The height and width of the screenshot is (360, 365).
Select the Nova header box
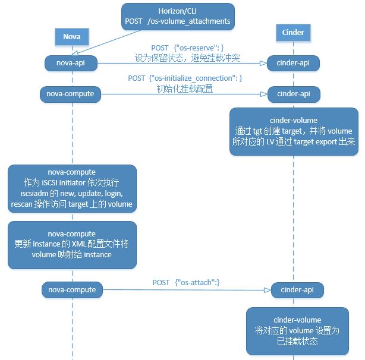pos(72,37)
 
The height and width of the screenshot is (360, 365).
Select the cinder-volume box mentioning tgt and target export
pos(294,132)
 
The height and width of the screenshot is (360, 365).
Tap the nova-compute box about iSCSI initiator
pos(71,187)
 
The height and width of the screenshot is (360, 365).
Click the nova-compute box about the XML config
pos(71,245)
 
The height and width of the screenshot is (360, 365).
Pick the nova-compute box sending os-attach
pos(71,290)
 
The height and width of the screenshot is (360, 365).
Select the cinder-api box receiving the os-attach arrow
pos(297,290)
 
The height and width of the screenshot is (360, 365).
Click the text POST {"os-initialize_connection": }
pos(185,78)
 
